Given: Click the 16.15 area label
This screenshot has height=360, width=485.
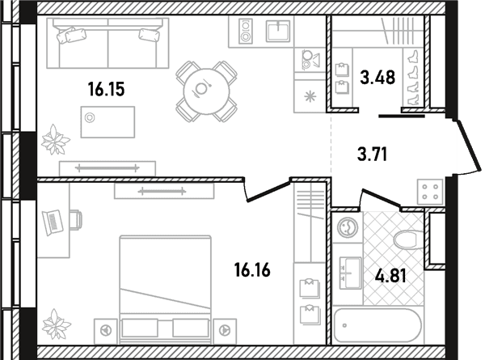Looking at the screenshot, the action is point(106,89).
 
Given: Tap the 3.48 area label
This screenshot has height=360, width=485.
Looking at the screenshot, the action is point(377,78).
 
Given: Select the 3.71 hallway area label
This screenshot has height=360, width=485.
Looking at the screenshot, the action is point(372,155).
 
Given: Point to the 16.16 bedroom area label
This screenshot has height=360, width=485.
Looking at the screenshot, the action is point(252,269).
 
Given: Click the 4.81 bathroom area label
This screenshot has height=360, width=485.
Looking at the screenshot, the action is point(390,276).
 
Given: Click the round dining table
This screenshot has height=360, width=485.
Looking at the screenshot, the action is point(206,91).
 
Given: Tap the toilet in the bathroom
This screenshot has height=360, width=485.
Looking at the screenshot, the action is point(408,239).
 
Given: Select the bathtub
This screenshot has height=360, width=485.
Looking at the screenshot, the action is point(378,325).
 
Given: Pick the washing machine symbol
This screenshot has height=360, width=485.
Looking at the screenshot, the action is point(348,227).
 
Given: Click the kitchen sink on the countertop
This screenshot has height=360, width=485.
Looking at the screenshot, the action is point(278,31).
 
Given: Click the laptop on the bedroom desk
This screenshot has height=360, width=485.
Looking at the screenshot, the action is point(53,222).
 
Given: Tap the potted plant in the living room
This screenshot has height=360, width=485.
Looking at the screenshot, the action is point(55,140).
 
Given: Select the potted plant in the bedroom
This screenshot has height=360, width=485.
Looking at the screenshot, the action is point(57,324).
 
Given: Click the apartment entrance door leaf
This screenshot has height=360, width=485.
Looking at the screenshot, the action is point(468,145).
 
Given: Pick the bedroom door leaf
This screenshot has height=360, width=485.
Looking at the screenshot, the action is point(268,192).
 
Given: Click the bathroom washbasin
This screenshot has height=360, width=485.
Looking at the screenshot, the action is point(351,273).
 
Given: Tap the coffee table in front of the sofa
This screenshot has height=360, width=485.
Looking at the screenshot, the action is point(108,122).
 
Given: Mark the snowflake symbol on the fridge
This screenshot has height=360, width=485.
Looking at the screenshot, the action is point(310,96).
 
